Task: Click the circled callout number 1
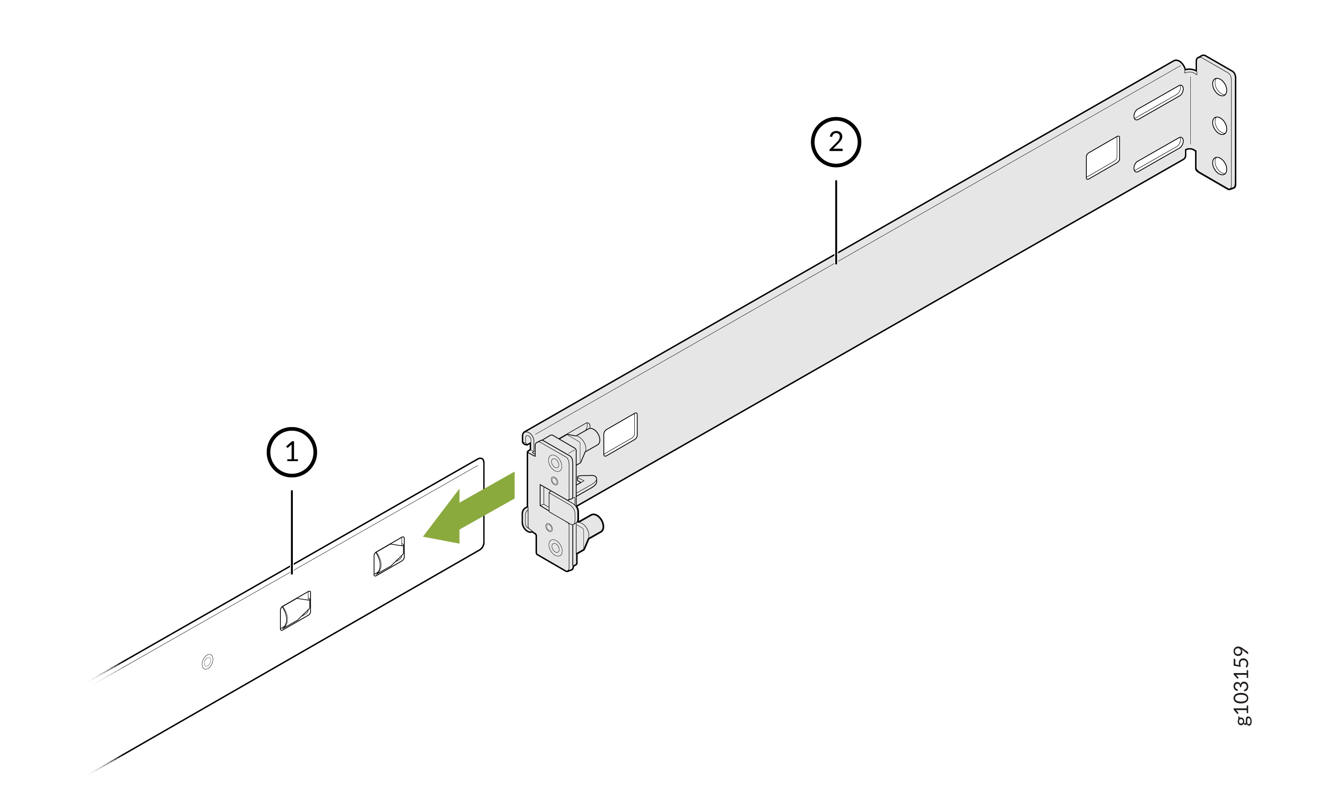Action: [x=292, y=452]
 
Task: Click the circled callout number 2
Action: [x=836, y=142]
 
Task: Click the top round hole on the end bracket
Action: [x=1220, y=87]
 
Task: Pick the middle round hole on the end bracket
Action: [x=1220, y=126]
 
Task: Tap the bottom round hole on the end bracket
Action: [x=1220, y=166]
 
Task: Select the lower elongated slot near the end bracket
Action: [x=1158, y=154]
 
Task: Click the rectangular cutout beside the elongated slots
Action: [x=1103, y=158]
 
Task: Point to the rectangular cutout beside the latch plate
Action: [x=621, y=434]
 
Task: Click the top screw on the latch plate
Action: [x=555, y=463]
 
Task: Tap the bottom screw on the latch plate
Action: [x=556, y=547]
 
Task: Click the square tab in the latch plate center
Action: [x=562, y=507]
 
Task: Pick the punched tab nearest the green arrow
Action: [x=389, y=556]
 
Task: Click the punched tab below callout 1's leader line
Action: [x=295, y=610]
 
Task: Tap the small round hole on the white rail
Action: [x=207, y=662]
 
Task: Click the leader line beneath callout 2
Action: [x=836, y=222]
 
